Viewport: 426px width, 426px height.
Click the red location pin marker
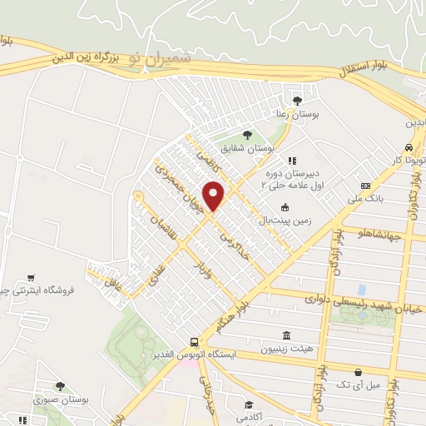[215, 195]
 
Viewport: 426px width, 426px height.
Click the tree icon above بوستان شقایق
[246, 133]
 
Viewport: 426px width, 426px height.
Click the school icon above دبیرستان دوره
[291, 161]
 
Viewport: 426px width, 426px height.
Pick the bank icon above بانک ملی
[365, 185]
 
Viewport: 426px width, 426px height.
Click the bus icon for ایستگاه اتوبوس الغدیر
[194, 342]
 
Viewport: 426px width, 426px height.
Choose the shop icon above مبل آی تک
[358, 372]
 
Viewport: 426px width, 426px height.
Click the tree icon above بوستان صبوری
[60, 385]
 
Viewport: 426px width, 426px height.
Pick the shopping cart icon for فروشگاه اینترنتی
[32, 277]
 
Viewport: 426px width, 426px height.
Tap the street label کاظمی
[206, 157]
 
